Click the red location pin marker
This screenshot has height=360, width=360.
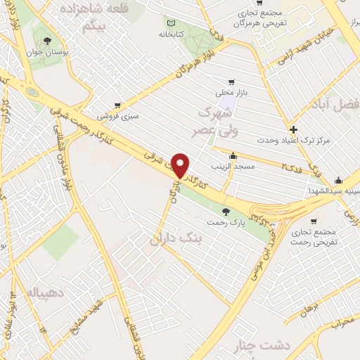pyautogui.click(x=181, y=165)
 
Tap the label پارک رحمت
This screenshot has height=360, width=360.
pyautogui.click(x=224, y=222)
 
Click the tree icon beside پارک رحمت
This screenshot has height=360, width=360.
pyautogui.click(x=225, y=211)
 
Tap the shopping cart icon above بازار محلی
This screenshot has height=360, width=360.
pyautogui.click(x=232, y=82)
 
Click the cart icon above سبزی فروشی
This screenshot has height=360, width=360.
pyautogui.click(x=117, y=105)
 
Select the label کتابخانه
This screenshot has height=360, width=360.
pyautogui.click(x=173, y=33)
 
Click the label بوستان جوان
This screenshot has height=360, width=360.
pyautogui.click(x=49, y=52)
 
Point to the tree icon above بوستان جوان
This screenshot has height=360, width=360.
pyautogui.click(x=47, y=40)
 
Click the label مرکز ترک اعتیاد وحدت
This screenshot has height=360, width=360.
pyautogui.click(x=294, y=141)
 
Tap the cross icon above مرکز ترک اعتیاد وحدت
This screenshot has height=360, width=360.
pyautogui.click(x=293, y=129)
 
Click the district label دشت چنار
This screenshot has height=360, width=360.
pyautogui.click(x=252, y=347)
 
